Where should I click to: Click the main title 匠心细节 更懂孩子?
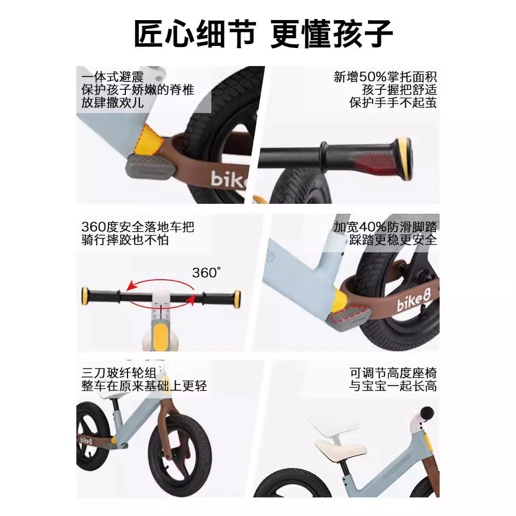[263, 34]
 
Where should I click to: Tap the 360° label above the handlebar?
[206, 272]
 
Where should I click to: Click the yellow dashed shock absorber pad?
[148, 140]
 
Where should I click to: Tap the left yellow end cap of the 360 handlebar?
[85, 296]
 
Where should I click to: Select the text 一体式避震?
[112, 77]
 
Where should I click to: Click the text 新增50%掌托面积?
[385, 77]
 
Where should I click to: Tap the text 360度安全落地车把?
[138, 227]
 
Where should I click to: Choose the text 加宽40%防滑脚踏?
[385, 227]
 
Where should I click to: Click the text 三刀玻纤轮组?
[119, 373]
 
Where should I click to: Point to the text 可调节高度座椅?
[393, 373]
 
